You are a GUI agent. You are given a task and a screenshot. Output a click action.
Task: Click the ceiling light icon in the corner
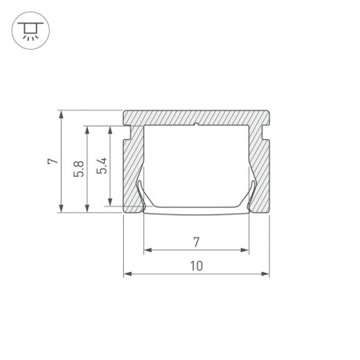(30, 30)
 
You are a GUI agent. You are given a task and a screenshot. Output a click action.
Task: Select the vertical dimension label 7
(50, 162)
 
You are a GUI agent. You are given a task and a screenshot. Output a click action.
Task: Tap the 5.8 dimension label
(76, 169)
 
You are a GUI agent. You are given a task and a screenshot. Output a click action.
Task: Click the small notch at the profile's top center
(197, 125)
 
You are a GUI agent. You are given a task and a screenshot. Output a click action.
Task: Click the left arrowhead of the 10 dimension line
(127, 274)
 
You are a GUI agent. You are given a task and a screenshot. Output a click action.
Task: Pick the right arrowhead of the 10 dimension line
(266, 274)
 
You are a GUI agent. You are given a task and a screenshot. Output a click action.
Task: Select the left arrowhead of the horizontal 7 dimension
(147, 250)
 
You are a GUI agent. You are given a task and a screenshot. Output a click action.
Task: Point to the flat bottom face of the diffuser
(197, 213)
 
